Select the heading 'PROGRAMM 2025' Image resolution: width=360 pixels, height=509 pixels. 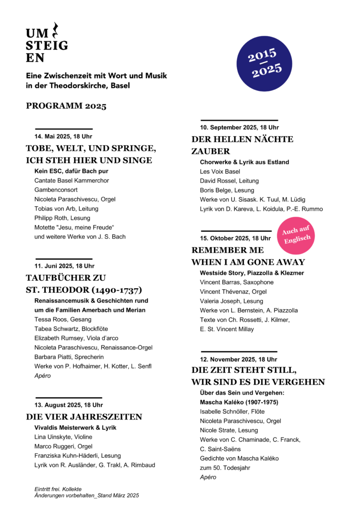tap(66, 106)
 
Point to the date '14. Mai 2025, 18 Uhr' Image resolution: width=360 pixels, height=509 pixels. tap(63, 136)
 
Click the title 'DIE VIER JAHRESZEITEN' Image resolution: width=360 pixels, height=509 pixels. tap(84, 417)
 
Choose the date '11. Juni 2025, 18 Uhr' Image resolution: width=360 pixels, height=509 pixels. tap(64, 266)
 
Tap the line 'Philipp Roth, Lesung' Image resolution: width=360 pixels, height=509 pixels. tap(63, 218)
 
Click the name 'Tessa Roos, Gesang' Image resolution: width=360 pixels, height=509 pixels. tap(63, 319)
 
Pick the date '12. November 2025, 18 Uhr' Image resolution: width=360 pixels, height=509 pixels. tap(238, 359)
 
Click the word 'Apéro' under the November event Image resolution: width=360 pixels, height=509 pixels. tap(208, 477)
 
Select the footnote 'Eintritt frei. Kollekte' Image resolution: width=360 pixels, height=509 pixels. tap(58, 489)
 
